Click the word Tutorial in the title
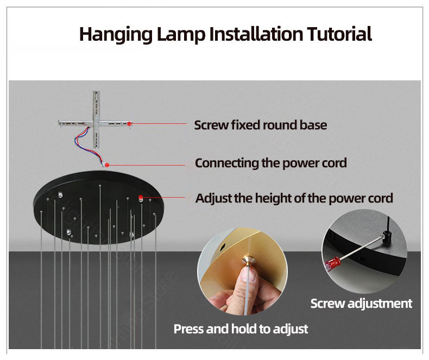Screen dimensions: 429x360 pyautogui.click(x=339, y=34)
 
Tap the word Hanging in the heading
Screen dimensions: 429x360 pyautogui.click(x=116, y=35)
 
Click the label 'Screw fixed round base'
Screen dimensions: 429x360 pyautogui.click(x=261, y=125)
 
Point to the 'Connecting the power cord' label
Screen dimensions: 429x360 pyautogui.click(x=271, y=163)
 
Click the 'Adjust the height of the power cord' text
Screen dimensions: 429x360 pyautogui.click(x=294, y=198)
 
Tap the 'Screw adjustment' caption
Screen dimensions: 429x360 pyautogui.click(x=361, y=304)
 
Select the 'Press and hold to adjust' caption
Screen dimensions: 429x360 pyautogui.click(x=241, y=329)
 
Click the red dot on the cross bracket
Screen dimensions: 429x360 pyautogui.click(x=129, y=124)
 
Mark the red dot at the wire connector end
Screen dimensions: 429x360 pyautogui.click(x=108, y=165)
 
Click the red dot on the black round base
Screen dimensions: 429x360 pyautogui.click(x=140, y=197)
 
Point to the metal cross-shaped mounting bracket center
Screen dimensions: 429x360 pyautogui.click(x=96, y=123)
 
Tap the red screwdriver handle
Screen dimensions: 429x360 pyautogui.click(x=332, y=263)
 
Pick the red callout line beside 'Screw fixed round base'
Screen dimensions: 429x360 pyautogui.click(x=159, y=124)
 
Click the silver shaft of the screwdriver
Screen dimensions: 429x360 pyautogui.click(x=361, y=248)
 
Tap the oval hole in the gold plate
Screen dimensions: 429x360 pyautogui.click(x=222, y=246)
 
